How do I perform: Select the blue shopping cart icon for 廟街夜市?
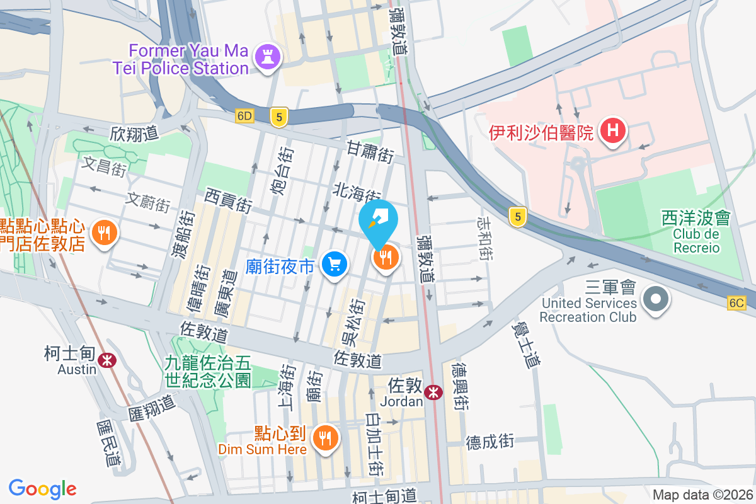pos(335,264)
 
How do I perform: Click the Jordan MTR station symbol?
pos(433,392)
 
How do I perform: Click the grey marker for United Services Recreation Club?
pos(656,298)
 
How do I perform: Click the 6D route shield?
pos(244,116)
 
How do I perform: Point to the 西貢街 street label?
pos(228,201)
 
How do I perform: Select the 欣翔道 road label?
pos(134,134)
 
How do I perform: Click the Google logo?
pos(43,488)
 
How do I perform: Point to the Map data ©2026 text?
pos(702,495)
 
